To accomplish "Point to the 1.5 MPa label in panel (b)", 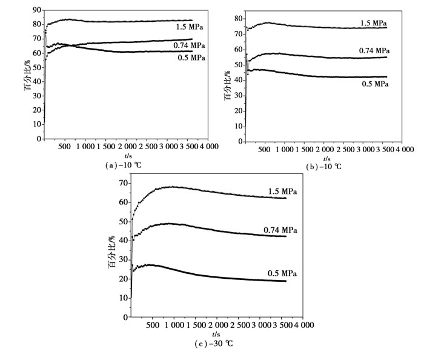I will click(x=374, y=23).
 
